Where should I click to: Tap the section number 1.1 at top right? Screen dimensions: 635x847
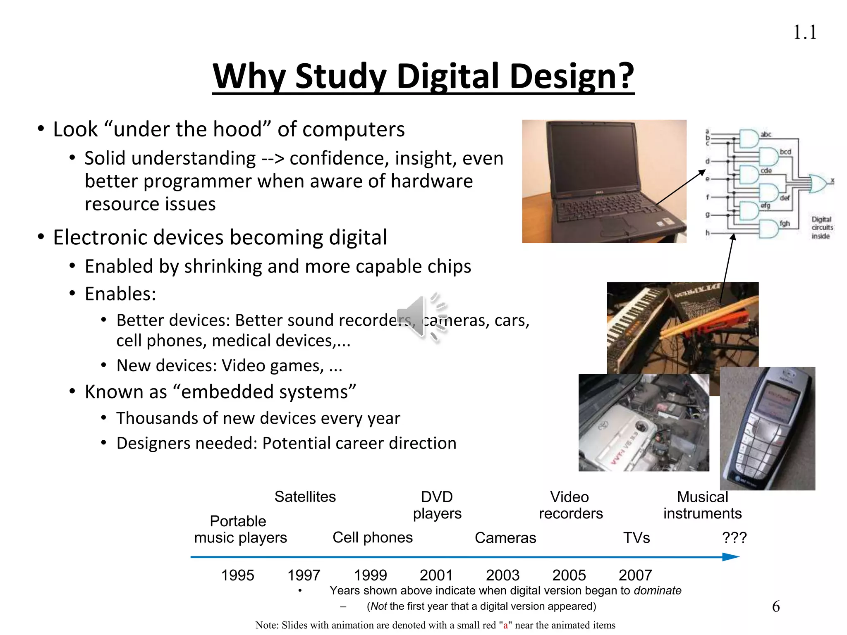pyautogui.click(x=804, y=33)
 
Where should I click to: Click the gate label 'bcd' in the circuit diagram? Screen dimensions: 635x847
pyautogui.click(x=785, y=152)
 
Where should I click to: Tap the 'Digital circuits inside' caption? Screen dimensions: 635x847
pyautogui.click(x=821, y=227)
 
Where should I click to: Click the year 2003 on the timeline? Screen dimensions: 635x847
pyautogui.click(x=502, y=575)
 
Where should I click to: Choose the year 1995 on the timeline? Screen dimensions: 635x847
pyautogui.click(x=237, y=575)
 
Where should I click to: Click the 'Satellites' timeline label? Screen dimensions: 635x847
pyautogui.click(x=305, y=497)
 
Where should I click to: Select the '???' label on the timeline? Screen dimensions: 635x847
pyautogui.click(x=734, y=537)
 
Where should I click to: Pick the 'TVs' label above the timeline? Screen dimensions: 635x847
pyautogui.click(x=636, y=538)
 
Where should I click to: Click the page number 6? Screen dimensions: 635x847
pyautogui.click(x=776, y=606)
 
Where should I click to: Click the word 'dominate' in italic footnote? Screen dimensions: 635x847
pyautogui.click(x=658, y=590)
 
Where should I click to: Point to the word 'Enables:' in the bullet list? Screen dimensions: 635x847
pyautogui.click(x=120, y=294)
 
